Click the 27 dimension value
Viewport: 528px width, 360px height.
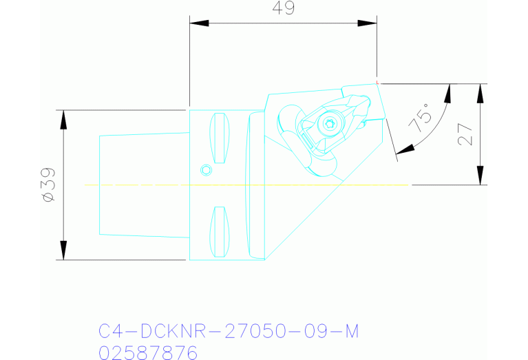pos(466,134)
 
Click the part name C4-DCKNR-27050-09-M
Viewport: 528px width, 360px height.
pos(229,332)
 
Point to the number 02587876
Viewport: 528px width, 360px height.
pos(148,353)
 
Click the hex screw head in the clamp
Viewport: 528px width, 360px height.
pos(330,124)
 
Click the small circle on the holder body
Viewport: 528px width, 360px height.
pos(204,169)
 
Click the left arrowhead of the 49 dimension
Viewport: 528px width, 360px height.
pos(198,23)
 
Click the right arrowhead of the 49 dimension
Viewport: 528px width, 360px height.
pos(368,23)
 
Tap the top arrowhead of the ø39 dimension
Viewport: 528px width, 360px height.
pos(64,118)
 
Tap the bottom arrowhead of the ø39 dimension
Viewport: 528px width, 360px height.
pos(64,251)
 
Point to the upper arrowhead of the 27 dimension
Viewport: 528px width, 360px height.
pos(480,92)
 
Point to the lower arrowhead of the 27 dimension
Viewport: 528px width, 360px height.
pos(480,176)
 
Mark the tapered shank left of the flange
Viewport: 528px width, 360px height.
pos(144,184)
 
